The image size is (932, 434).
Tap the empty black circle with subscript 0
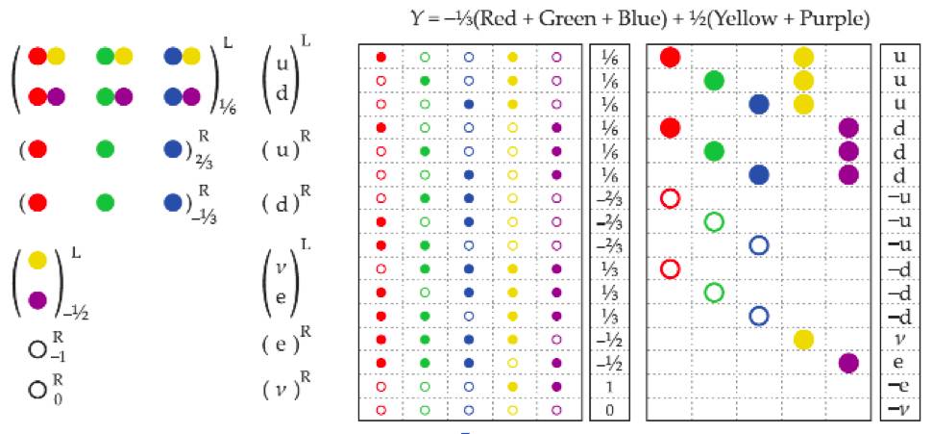37,391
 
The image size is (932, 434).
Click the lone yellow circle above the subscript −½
37,259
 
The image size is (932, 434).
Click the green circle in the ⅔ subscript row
105,150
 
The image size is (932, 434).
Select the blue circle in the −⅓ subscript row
174,203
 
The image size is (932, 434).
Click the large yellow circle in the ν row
804,339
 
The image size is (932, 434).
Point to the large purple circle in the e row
848,362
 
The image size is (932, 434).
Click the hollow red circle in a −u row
671,198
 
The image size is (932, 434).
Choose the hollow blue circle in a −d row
759,315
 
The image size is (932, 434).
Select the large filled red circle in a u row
671,57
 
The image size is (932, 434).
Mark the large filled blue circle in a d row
759,174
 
